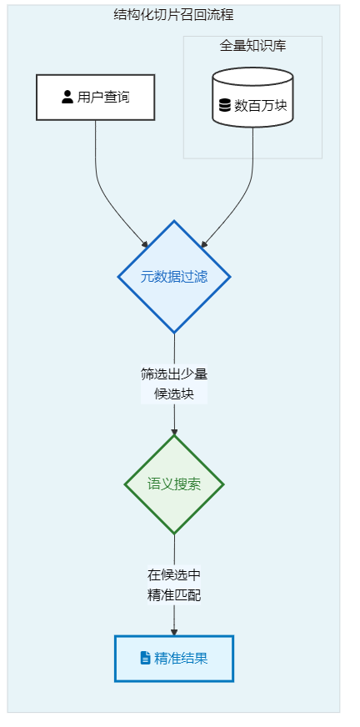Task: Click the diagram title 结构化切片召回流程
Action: coord(173,15)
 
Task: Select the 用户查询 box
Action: coord(96,98)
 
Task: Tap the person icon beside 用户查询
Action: coord(67,97)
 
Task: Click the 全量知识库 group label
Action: coord(252,46)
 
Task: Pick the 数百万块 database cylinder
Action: coord(253,98)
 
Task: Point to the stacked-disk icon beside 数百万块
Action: coord(225,106)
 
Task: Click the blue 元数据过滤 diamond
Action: coord(174,277)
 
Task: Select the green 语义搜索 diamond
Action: coord(174,484)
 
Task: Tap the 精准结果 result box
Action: coord(174,659)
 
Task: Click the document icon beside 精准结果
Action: coord(146,658)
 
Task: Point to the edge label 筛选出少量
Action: coord(174,374)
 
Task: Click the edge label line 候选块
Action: coord(174,394)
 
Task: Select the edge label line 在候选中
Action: coord(174,575)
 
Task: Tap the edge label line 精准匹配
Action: coord(174,595)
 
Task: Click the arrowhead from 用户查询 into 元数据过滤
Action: coord(145,244)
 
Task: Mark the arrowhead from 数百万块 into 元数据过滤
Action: coord(204,244)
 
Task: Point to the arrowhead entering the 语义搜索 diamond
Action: coord(174,432)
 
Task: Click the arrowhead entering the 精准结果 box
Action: coord(174,633)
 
